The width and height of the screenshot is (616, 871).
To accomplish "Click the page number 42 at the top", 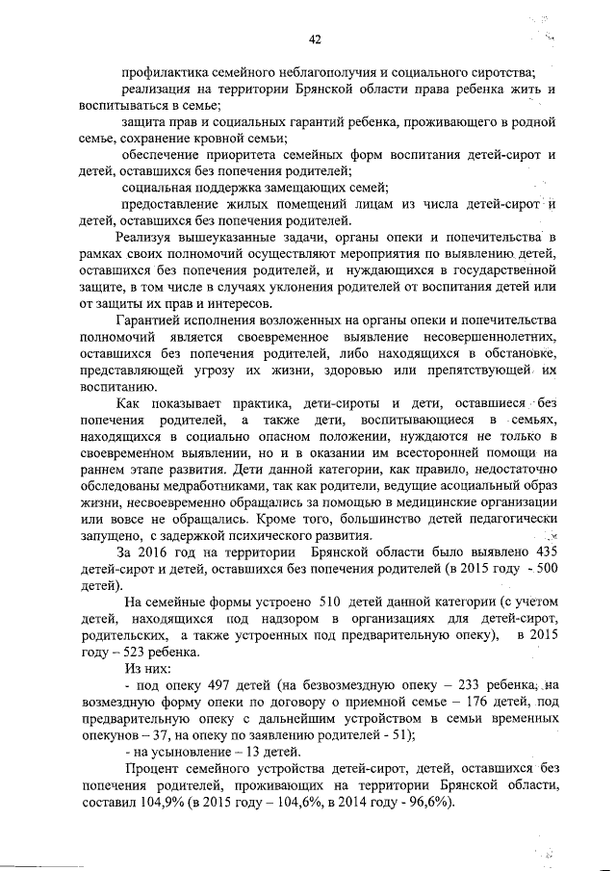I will [314, 39].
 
